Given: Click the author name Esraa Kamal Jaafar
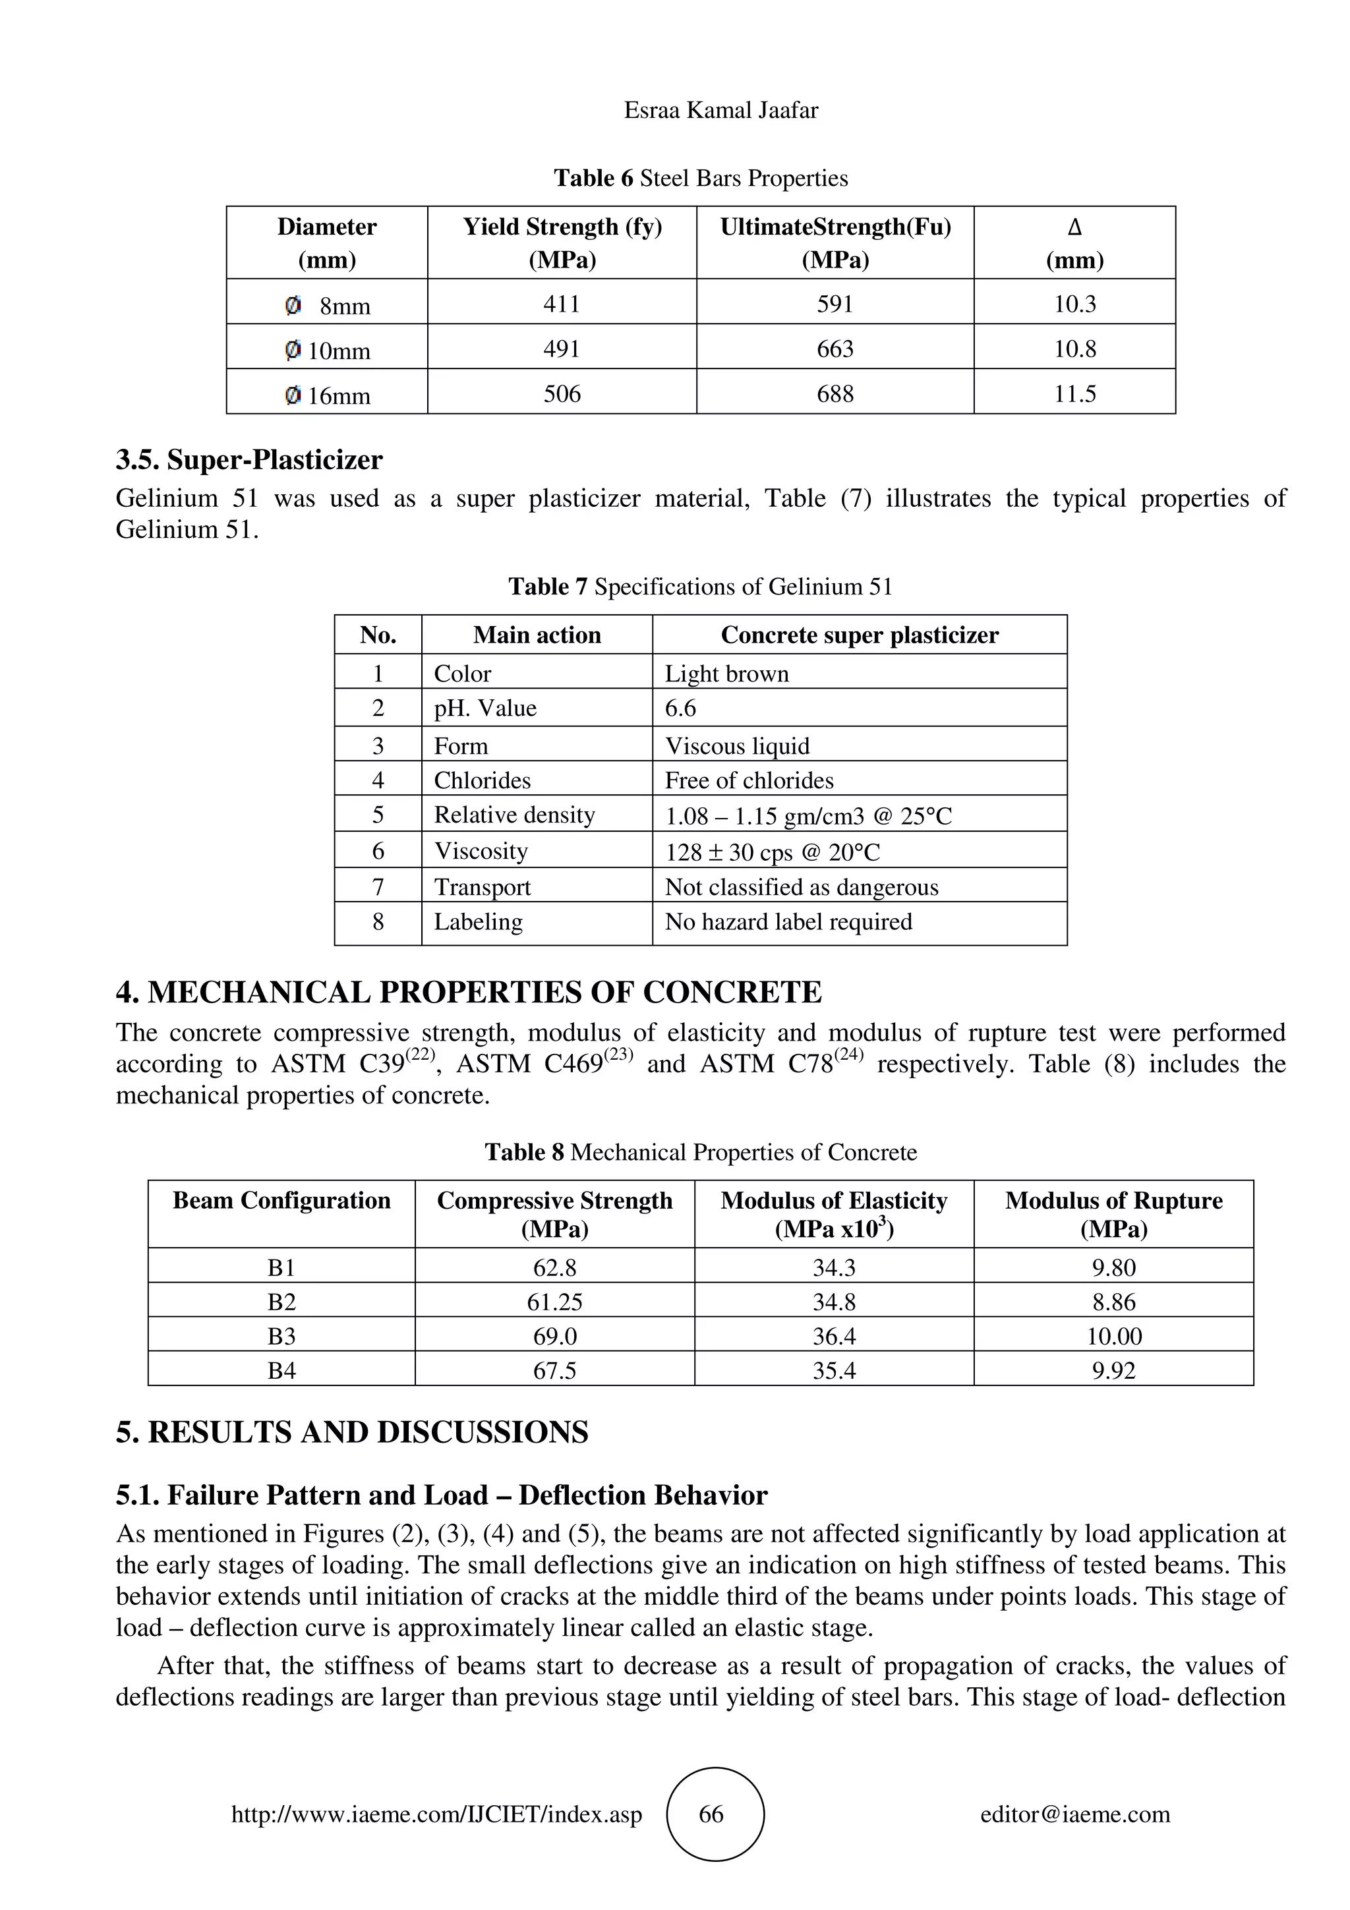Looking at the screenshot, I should (720, 111).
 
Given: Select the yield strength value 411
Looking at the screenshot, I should (562, 304).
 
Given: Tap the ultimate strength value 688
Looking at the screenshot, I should (835, 393).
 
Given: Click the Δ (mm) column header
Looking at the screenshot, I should (1074, 243).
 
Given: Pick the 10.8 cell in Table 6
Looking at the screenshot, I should (1074, 349).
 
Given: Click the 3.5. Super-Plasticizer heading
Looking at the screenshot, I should (249, 460).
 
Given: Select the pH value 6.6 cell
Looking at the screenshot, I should (680, 708).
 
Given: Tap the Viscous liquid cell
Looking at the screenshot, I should (737, 745).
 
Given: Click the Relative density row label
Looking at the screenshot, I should (514, 815).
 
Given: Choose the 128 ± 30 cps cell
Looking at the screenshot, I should (772, 852).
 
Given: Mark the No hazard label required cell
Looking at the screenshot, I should (788, 922).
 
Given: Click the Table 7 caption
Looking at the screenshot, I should (699, 587).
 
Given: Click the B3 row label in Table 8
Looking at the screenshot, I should (281, 1336).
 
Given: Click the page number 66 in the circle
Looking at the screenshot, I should (711, 1814).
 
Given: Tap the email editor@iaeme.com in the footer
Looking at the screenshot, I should (1074, 1814).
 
